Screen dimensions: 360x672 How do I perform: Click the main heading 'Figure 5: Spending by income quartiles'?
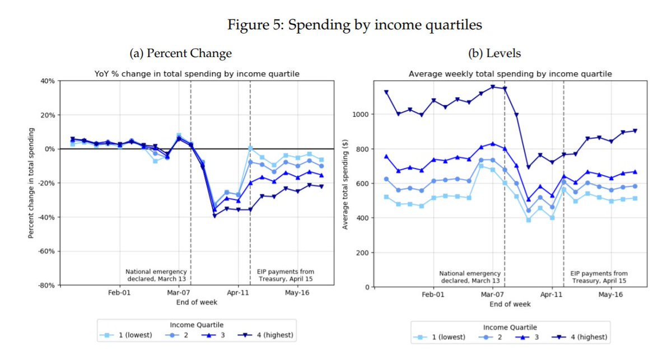pyautogui.click(x=354, y=25)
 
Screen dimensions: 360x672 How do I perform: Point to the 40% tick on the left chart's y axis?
pyautogui.click(x=46, y=81)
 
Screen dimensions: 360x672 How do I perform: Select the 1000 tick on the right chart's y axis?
pyautogui.click(x=361, y=114)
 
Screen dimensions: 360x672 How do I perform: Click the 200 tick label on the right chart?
pyautogui.click(x=363, y=253)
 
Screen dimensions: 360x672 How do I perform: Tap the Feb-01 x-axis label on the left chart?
pyautogui.click(x=119, y=293)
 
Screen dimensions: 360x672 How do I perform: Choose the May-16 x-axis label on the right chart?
pyautogui.click(x=610, y=294)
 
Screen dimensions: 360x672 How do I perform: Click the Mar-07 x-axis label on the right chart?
pyautogui.click(x=492, y=294)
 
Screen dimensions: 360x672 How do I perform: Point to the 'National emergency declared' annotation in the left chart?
pyautogui.click(x=156, y=275)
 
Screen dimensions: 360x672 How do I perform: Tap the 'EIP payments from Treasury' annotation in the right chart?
pyautogui.click(x=599, y=277)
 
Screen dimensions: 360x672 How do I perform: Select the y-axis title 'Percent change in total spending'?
pyautogui.click(x=32, y=183)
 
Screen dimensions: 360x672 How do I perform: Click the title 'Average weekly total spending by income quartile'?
pyautogui.click(x=510, y=74)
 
